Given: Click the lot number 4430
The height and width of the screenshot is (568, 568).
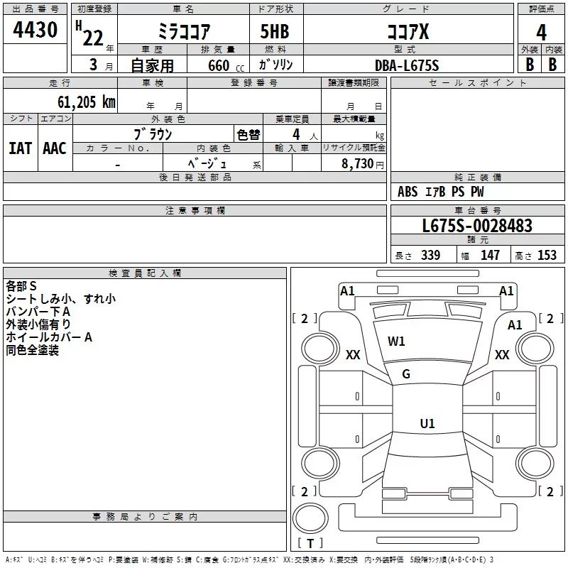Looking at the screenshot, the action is click(x=35, y=30).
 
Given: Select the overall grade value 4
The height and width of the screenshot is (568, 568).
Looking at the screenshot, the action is click(x=541, y=33).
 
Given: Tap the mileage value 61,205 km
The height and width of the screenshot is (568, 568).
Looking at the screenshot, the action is click(x=86, y=102).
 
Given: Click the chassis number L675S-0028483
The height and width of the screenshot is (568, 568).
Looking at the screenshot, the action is click(x=477, y=226).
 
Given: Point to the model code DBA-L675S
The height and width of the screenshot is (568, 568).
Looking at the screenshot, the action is click(x=407, y=65).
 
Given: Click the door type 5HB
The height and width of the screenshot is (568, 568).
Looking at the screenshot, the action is click(x=275, y=31).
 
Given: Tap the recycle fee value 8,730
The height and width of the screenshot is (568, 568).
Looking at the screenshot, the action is click(x=357, y=164).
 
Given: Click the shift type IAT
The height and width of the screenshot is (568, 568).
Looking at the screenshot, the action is click(x=21, y=148).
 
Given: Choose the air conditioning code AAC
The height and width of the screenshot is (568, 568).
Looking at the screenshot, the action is click(x=55, y=148).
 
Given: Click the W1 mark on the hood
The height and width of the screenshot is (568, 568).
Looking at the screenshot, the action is click(x=396, y=342).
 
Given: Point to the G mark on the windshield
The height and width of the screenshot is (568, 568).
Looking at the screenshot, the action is click(x=406, y=374).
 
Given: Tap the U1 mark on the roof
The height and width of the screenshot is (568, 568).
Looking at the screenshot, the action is click(x=427, y=423).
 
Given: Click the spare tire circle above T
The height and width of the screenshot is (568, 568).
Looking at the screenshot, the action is click(x=310, y=518).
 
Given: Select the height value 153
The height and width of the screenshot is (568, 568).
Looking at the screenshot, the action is click(x=547, y=255).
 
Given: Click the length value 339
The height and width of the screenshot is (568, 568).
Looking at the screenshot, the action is click(x=431, y=255).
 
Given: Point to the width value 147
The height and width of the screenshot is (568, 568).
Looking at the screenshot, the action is click(x=490, y=255).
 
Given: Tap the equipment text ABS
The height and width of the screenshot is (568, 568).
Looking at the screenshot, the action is click(x=408, y=192).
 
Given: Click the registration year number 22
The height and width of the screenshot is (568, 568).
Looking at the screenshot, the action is click(x=93, y=38).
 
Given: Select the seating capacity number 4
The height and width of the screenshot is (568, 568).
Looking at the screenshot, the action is click(x=296, y=134).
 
